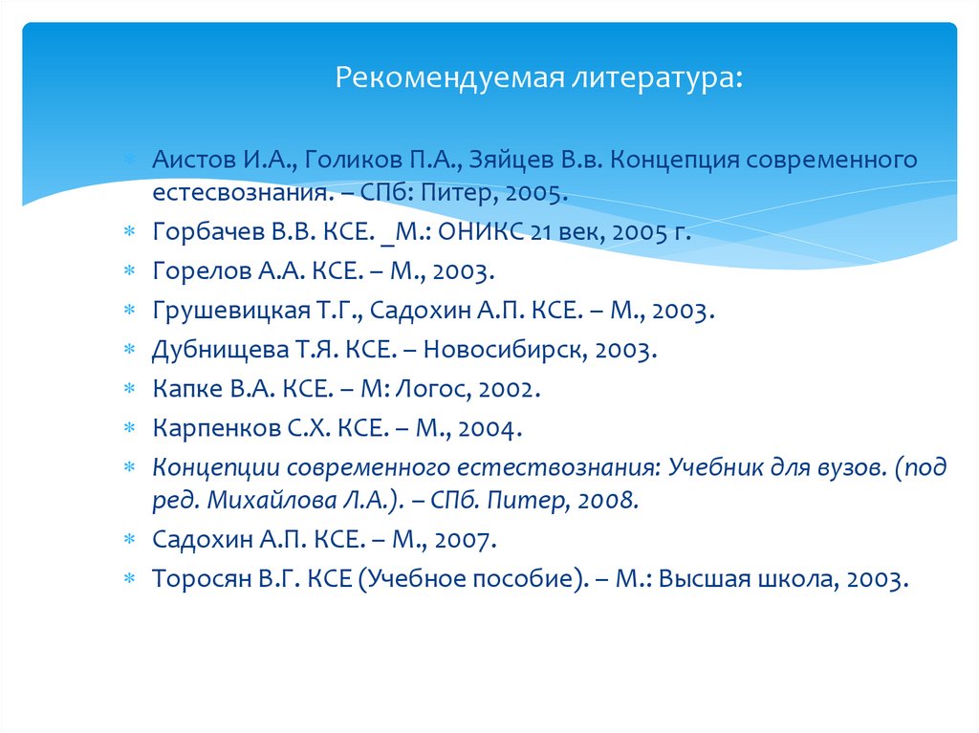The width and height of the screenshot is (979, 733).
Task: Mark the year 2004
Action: point(490,428)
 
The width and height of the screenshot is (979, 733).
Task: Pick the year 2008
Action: point(605,500)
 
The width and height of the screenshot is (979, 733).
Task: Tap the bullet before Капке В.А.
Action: point(128,389)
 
